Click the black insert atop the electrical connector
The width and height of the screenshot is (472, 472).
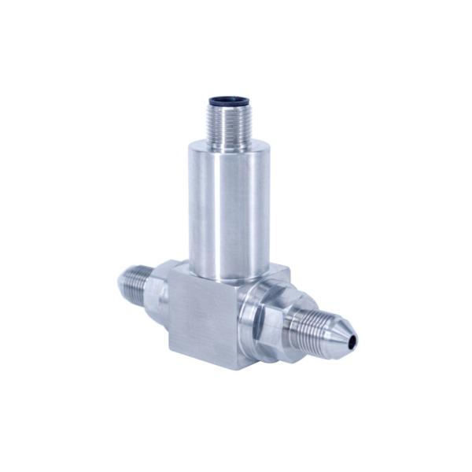(228, 100)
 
